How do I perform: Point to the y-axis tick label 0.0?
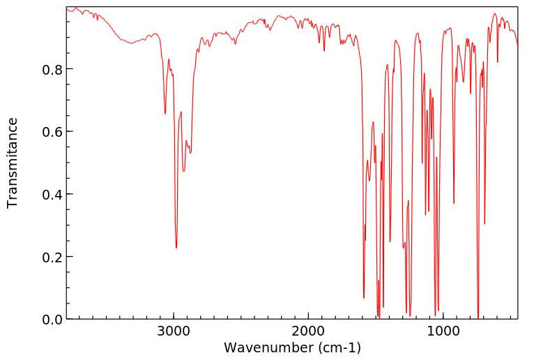(x=53, y=320)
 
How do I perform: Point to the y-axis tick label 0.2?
(x=53, y=257)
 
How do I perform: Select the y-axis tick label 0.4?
(x=53, y=194)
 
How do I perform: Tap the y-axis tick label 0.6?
(x=53, y=132)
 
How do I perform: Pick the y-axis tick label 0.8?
(x=53, y=69)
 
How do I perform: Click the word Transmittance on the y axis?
(x=13, y=163)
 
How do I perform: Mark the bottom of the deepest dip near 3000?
(x=176, y=248)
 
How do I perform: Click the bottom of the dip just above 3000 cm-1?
(x=165, y=114)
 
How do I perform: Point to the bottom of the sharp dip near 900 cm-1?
(x=454, y=204)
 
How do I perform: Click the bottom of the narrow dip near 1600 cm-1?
(x=364, y=298)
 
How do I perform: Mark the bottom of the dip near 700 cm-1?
(x=484, y=224)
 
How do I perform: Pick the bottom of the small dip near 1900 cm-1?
(x=323, y=51)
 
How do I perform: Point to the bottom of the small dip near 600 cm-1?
(x=498, y=62)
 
